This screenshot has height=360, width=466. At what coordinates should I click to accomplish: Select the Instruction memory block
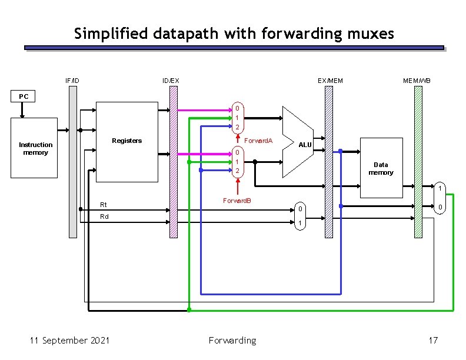tap(35, 148)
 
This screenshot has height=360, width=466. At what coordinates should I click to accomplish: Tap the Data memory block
tap(381, 169)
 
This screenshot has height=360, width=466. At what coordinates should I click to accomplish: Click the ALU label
tap(304, 145)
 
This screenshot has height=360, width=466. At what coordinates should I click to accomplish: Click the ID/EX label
tap(171, 80)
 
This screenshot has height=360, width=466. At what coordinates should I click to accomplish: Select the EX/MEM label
tap(329, 80)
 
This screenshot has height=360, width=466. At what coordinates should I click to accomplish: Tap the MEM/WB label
tap(417, 80)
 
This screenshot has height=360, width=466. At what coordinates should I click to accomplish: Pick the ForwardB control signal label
tap(237, 201)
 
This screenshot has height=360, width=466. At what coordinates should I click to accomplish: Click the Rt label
tap(104, 205)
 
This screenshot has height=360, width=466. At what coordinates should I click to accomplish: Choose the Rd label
tap(104, 216)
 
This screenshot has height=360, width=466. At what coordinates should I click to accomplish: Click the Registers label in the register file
tap(127, 141)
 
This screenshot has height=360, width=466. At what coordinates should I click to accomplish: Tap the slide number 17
tap(433, 340)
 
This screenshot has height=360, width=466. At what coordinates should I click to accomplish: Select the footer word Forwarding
tap(232, 340)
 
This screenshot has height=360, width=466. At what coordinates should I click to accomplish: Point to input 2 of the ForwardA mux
tap(237, 128)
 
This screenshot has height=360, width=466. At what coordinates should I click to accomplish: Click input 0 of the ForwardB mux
tap(237, 152)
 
